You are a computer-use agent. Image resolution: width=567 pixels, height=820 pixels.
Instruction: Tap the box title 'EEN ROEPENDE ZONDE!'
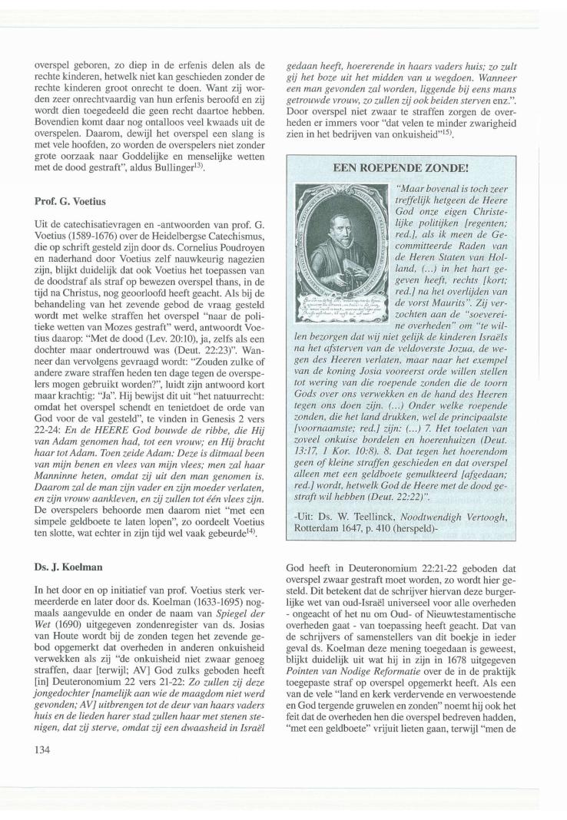pos(411,188)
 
